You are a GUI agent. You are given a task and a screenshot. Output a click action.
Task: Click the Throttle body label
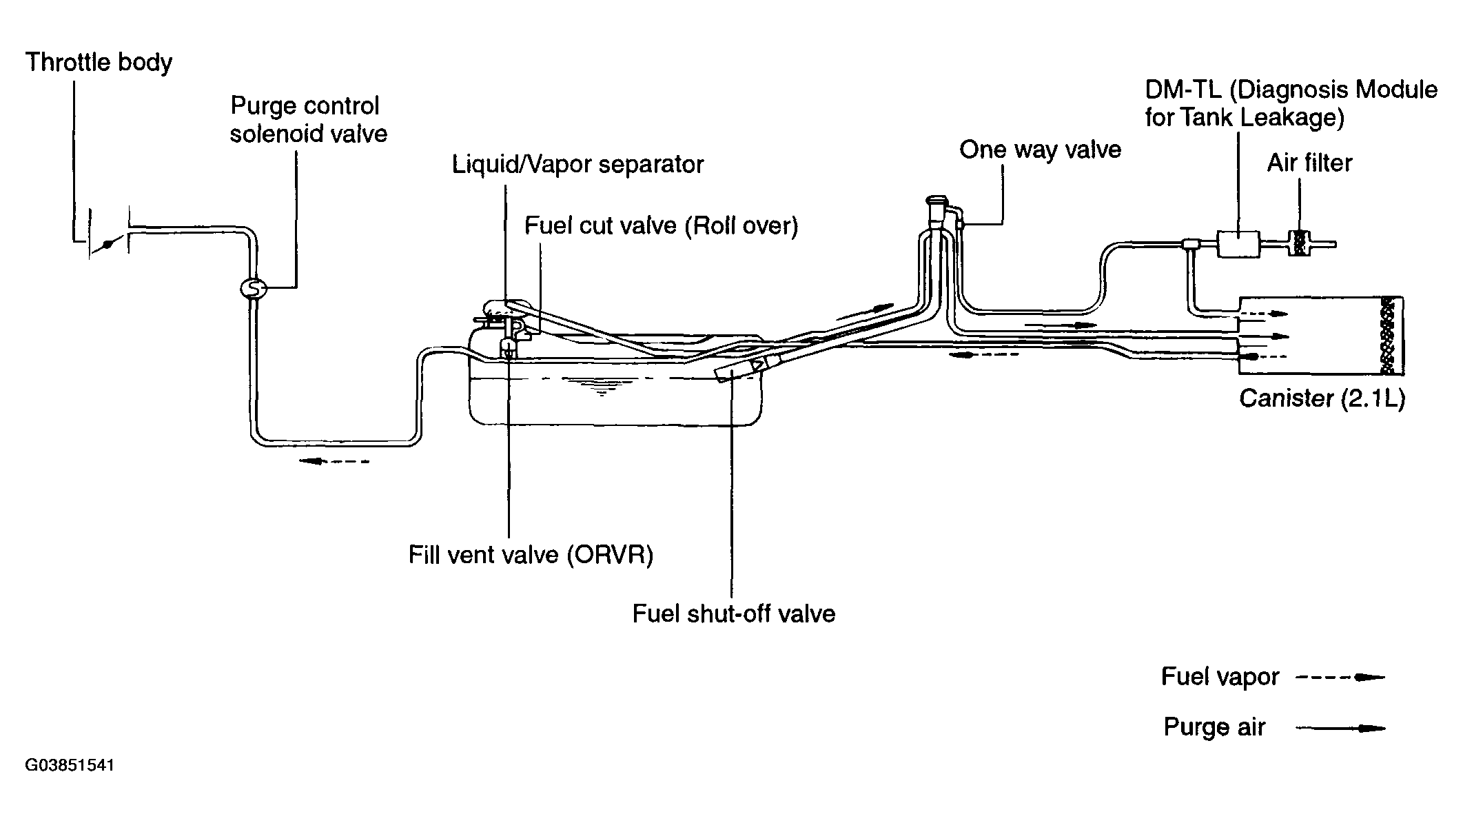[x=99, y=63]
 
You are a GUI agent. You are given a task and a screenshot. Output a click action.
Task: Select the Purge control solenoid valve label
[x=308, y=119]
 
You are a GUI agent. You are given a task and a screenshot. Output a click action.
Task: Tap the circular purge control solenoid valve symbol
[x=253, y=288]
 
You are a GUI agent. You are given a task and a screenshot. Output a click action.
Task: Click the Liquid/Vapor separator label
[x=577, y=165]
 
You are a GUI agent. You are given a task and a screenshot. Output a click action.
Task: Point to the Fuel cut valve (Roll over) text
[x=661, y=226]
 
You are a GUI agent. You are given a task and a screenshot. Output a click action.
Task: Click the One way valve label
[x=1040, y=150]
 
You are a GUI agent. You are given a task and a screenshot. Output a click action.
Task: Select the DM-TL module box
[x=1239, y=244]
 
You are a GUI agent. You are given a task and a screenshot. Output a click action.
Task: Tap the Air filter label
[x=1309, y=163]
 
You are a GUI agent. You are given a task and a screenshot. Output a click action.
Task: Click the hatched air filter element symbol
[x=1300, y=243]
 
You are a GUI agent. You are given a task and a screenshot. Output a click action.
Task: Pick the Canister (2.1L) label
[x=1322, y=398]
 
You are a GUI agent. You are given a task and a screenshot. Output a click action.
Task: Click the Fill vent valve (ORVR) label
[x=531, y=555]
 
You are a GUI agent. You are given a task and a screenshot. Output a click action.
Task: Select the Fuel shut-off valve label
[x=733, y=613]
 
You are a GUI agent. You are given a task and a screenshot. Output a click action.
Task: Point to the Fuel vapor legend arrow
[x=1340, y=678]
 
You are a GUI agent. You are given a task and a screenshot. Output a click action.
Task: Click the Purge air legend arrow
[x=1340, y=728]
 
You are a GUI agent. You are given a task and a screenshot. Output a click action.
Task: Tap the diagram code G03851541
[x=70, y=766]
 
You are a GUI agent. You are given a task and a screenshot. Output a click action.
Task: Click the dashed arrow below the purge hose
[x=334, y=461]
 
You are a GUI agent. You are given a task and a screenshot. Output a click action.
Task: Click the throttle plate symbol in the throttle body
[x=108, y=243]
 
